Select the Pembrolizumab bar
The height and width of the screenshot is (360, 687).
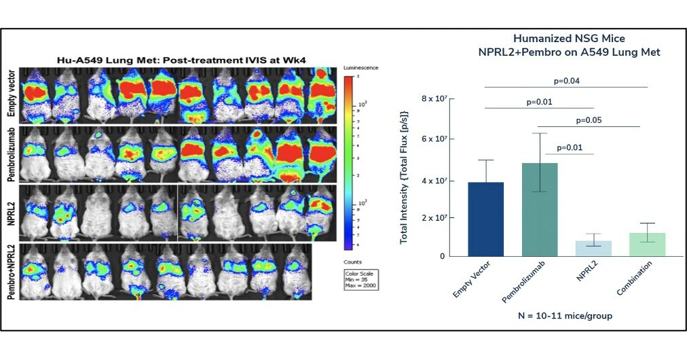[x=540, y=209]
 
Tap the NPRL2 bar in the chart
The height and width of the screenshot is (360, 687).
[x=593, y=248]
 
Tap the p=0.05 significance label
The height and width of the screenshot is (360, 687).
[x=589, y=120]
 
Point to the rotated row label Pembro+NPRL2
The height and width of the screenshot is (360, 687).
[x=12, y=272]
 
